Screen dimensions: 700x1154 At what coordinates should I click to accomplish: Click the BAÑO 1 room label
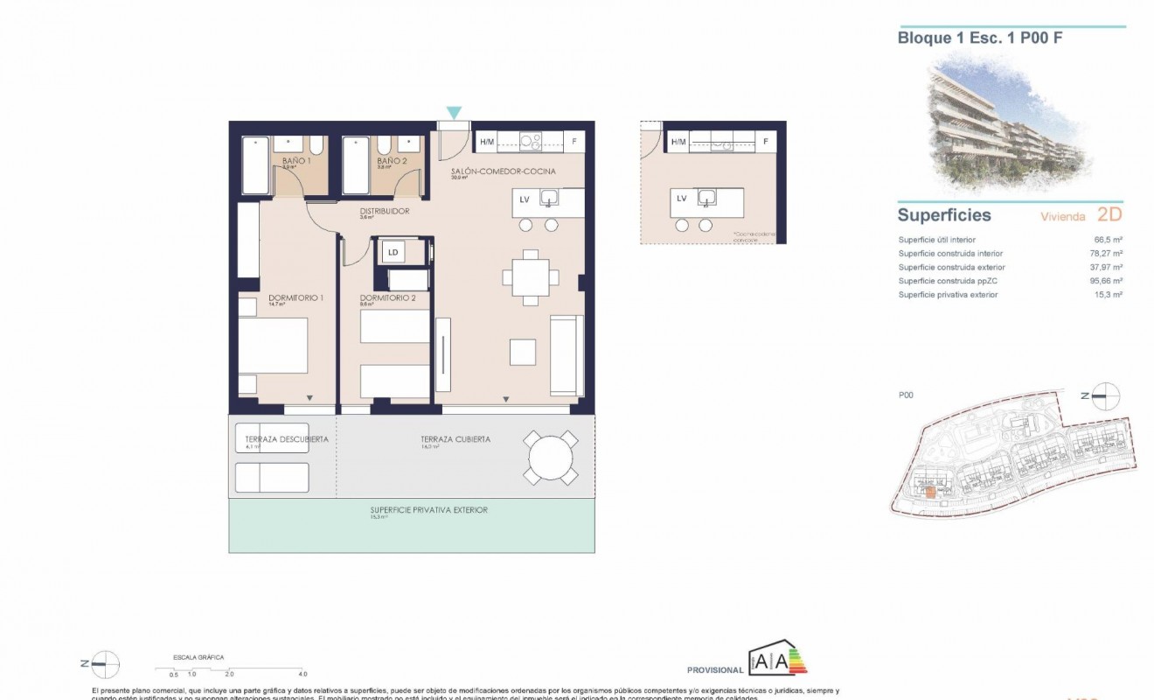coord(295,162)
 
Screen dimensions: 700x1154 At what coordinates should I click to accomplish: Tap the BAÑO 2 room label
coord(391,162)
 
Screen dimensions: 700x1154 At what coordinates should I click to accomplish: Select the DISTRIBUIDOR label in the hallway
coord(385,211)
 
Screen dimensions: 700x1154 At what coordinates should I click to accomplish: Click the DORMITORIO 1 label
coord(295,298)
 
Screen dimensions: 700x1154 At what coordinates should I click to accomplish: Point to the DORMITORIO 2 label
coord(387,298)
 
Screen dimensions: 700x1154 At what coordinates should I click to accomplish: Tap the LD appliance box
coord(393,253)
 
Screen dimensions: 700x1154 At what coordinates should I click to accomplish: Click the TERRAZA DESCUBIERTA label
coord(287,439)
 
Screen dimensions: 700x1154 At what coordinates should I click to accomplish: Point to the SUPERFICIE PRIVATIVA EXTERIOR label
coord(428,510)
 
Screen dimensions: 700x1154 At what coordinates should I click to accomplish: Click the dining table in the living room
coord(531,276)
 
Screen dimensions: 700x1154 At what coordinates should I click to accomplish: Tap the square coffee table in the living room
coord(524,352)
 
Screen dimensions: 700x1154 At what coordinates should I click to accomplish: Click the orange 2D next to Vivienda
coord(1108,215)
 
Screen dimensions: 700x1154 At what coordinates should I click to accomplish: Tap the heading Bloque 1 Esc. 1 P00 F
coord(968,38)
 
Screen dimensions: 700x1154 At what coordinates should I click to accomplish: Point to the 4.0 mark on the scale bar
coord(302,675)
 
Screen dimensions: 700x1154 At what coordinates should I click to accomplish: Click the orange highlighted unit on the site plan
coord(931,493)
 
